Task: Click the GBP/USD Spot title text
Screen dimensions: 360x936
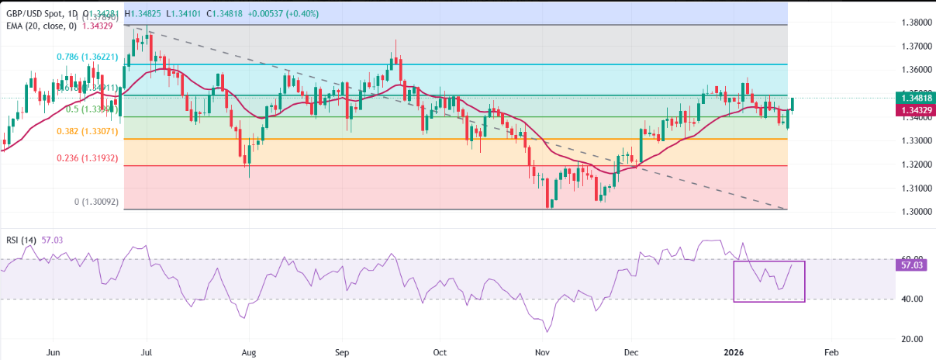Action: coord(37,13)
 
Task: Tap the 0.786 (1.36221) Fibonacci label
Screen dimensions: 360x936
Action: coord(89,57)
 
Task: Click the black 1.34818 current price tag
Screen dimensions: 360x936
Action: coord(914,98)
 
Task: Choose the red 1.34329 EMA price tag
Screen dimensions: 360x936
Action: coord(914,111)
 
